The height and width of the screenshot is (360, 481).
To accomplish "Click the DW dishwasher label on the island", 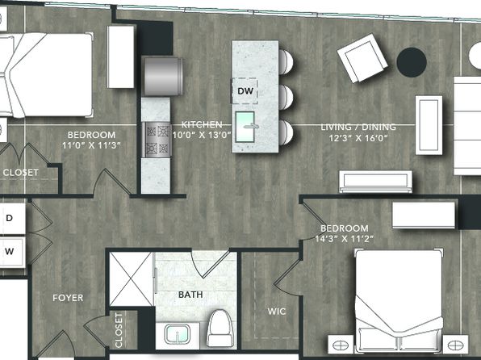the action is coord(245,91).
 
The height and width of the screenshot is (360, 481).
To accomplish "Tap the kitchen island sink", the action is coord(245,127).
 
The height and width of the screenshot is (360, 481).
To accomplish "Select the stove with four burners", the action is coord(157,140).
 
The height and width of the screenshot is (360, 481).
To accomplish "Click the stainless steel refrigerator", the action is coord(163,76).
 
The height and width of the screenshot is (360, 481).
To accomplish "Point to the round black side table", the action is coord(412,62).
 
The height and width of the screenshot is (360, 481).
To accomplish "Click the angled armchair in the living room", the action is coord(362,58).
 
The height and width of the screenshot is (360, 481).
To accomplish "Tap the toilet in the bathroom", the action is coord(220,328).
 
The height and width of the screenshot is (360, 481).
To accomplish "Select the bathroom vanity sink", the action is coord(178,334).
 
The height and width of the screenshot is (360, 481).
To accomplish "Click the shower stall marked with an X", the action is coord(132,279).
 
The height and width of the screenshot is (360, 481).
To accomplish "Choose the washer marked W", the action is coord(10,251).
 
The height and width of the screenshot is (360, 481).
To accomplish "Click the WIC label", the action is coord(277,312).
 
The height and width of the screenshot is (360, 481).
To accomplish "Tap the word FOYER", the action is coord(68,298).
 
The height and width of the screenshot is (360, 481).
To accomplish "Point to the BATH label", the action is coord(190,295).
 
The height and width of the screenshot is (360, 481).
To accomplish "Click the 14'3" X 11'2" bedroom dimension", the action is coord(345,238).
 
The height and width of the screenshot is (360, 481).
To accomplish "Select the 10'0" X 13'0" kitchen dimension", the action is coord(202,135).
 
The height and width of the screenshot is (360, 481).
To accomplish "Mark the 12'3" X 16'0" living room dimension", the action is coord(358,138).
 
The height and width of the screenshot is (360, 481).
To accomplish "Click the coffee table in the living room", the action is coord(429,125).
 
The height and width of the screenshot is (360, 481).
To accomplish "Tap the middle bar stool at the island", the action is coord(286,97).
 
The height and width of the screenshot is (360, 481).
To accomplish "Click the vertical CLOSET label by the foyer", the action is coord(119,330).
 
